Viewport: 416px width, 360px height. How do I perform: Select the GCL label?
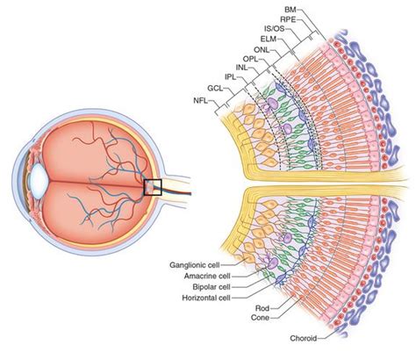(x=215, y=89)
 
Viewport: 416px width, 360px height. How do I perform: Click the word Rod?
(x=261, y=309)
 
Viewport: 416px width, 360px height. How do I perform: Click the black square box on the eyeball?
(x=154, y=187)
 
